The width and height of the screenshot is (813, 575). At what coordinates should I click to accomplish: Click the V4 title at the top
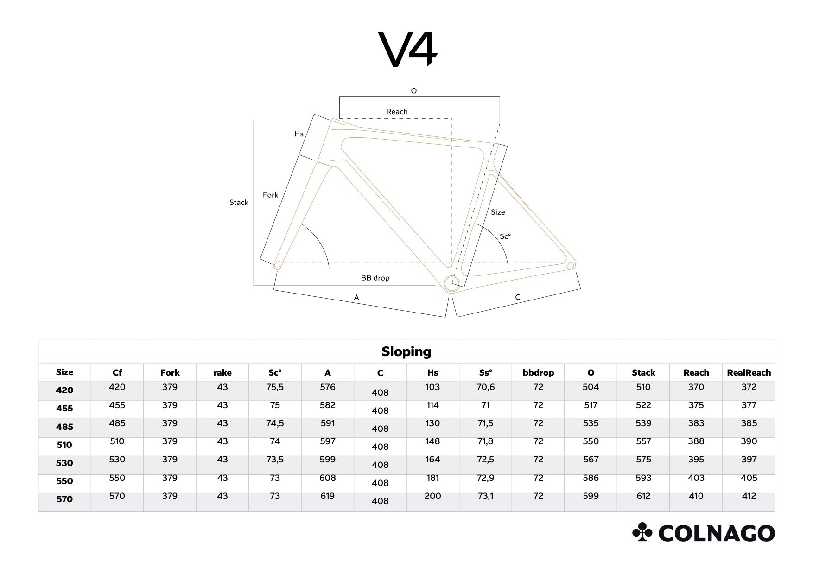point(408,49)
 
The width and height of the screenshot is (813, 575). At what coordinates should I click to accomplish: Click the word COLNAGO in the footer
point(716,533)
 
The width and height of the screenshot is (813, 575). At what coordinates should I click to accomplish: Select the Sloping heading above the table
point(406,351)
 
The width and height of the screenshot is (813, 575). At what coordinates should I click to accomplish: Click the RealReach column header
point(749,372)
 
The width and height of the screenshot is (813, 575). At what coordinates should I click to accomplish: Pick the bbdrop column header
point(538,372)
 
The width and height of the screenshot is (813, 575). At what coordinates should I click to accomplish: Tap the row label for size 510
point(64,445)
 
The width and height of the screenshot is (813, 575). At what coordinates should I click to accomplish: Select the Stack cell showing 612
point(643,496)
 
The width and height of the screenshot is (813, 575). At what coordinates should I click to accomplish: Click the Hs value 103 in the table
point(432,387)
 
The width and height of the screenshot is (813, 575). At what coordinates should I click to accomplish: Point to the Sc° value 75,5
point(275,387)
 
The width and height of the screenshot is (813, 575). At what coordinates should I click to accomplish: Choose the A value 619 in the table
point(327,496)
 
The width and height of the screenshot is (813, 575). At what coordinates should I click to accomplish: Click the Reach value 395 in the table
point(696,460)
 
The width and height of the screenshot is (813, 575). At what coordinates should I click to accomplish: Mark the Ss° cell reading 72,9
point(485,478)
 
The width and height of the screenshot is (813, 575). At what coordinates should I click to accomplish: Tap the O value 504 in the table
point(591,387)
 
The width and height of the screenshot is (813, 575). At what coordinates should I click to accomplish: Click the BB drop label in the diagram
point(375,278)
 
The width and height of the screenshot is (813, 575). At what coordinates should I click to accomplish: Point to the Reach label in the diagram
point(397,112)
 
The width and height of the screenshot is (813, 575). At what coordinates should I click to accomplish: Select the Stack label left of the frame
point(239,203)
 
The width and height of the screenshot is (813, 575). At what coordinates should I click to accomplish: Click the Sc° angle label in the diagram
point(505,236)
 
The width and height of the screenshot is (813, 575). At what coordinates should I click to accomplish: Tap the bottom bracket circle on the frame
point(451,283)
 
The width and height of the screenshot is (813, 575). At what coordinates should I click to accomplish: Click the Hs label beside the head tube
point(299,134)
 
